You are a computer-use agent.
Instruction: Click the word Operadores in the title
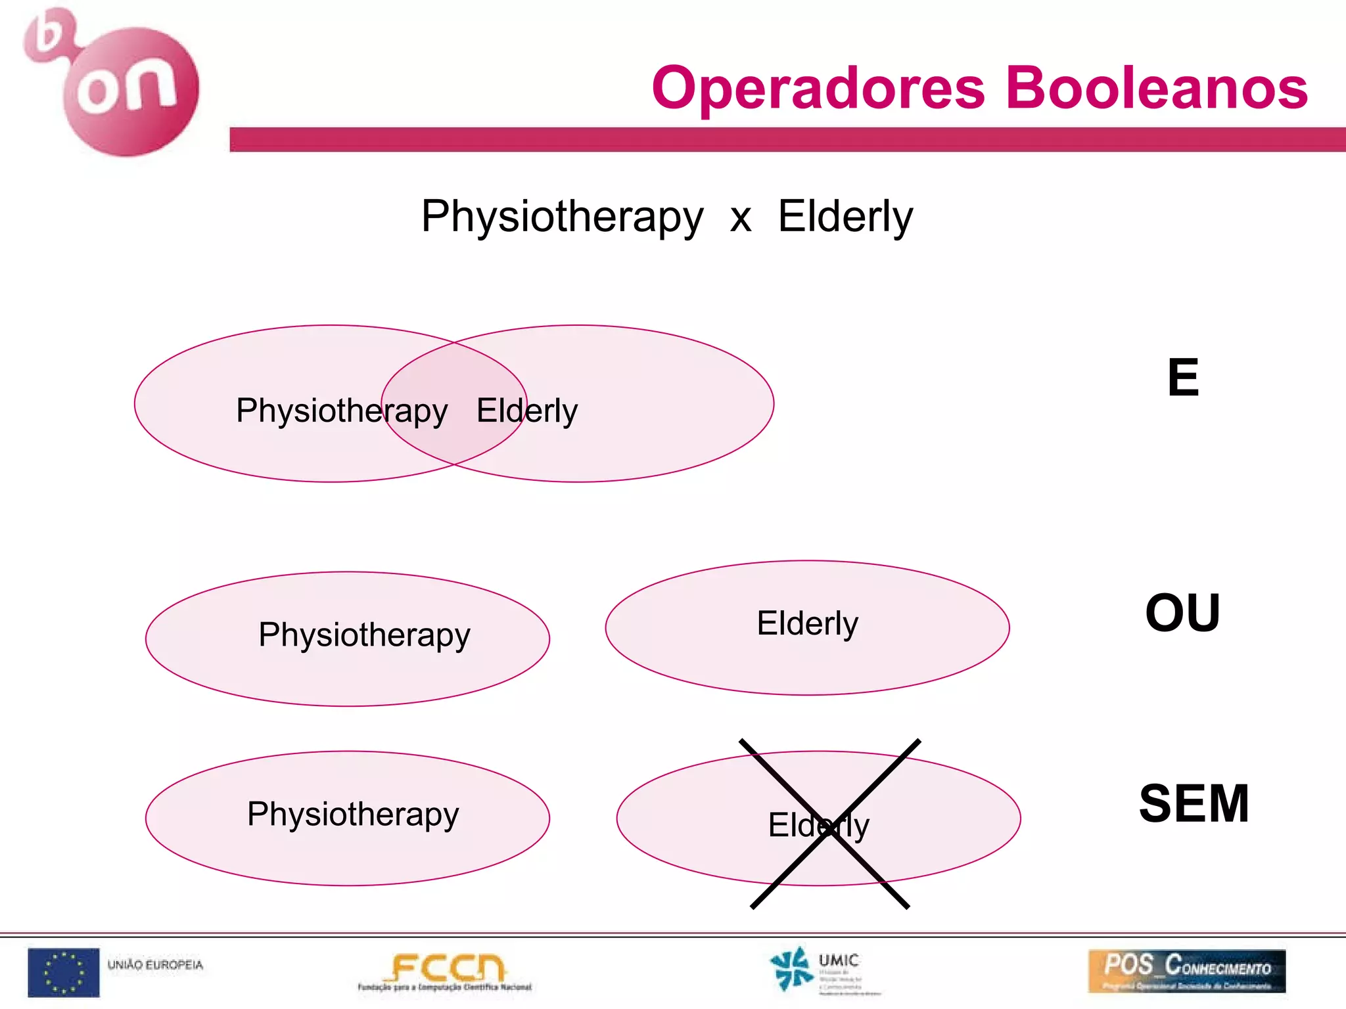pyautogui.click(x=818, y=89)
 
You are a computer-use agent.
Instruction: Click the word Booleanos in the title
pyautogui.click(x=1157, y=89)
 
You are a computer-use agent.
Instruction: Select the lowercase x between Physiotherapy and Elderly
pyautogui.click(x=741, y=218)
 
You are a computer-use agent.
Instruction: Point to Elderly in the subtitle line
pyautogui.click(x=845, y=217)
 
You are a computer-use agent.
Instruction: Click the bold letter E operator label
pyautogui.click(x=1183, y=378)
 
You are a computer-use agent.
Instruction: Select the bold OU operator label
pyautogui.click(x=1182, y=613)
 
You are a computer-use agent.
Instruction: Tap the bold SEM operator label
pyautogui.click(x=1194, y=803)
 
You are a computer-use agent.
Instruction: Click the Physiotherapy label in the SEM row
pyautogui.click(x=353, y=815)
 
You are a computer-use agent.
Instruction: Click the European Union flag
pyautogui.click(x=64, y=972)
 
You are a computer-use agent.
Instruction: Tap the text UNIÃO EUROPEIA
pyautogui.click(x=155, y=965)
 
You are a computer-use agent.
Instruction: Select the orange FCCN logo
pyautogui.click(x=446, y=972)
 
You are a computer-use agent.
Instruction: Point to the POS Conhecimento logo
pyautogui.click(x=1186, y=971)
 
